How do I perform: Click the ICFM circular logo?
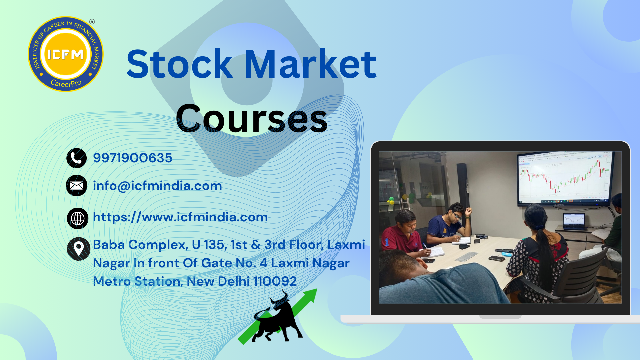tap(66, 54)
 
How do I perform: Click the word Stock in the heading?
tap(180, 64)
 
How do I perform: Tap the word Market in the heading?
tap(311, 64)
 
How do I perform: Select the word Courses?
tap(252, 119)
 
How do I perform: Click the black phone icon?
tap(76, 158)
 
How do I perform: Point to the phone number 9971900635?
tap(133, 158)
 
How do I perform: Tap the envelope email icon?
tap(76, 186)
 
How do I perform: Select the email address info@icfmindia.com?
tap(157, 186)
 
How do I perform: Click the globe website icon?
tap(77, 218)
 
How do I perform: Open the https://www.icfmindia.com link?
tap(180, 217)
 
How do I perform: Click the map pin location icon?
tap(78, 249)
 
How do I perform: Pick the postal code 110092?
tap(275, 281)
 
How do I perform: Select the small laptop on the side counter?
tap(574, 222)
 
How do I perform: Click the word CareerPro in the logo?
tap(66, 83)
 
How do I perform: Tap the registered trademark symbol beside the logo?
tap(92, 22)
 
